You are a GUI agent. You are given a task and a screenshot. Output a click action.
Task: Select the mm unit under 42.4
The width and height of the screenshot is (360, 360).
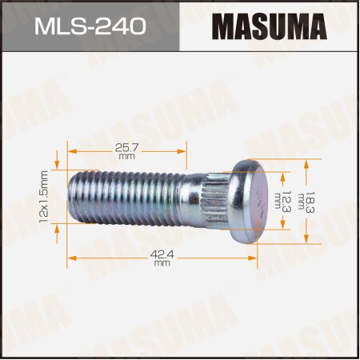(162, 262)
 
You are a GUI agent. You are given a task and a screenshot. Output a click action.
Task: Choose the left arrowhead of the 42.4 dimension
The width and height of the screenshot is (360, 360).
(70, 258)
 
